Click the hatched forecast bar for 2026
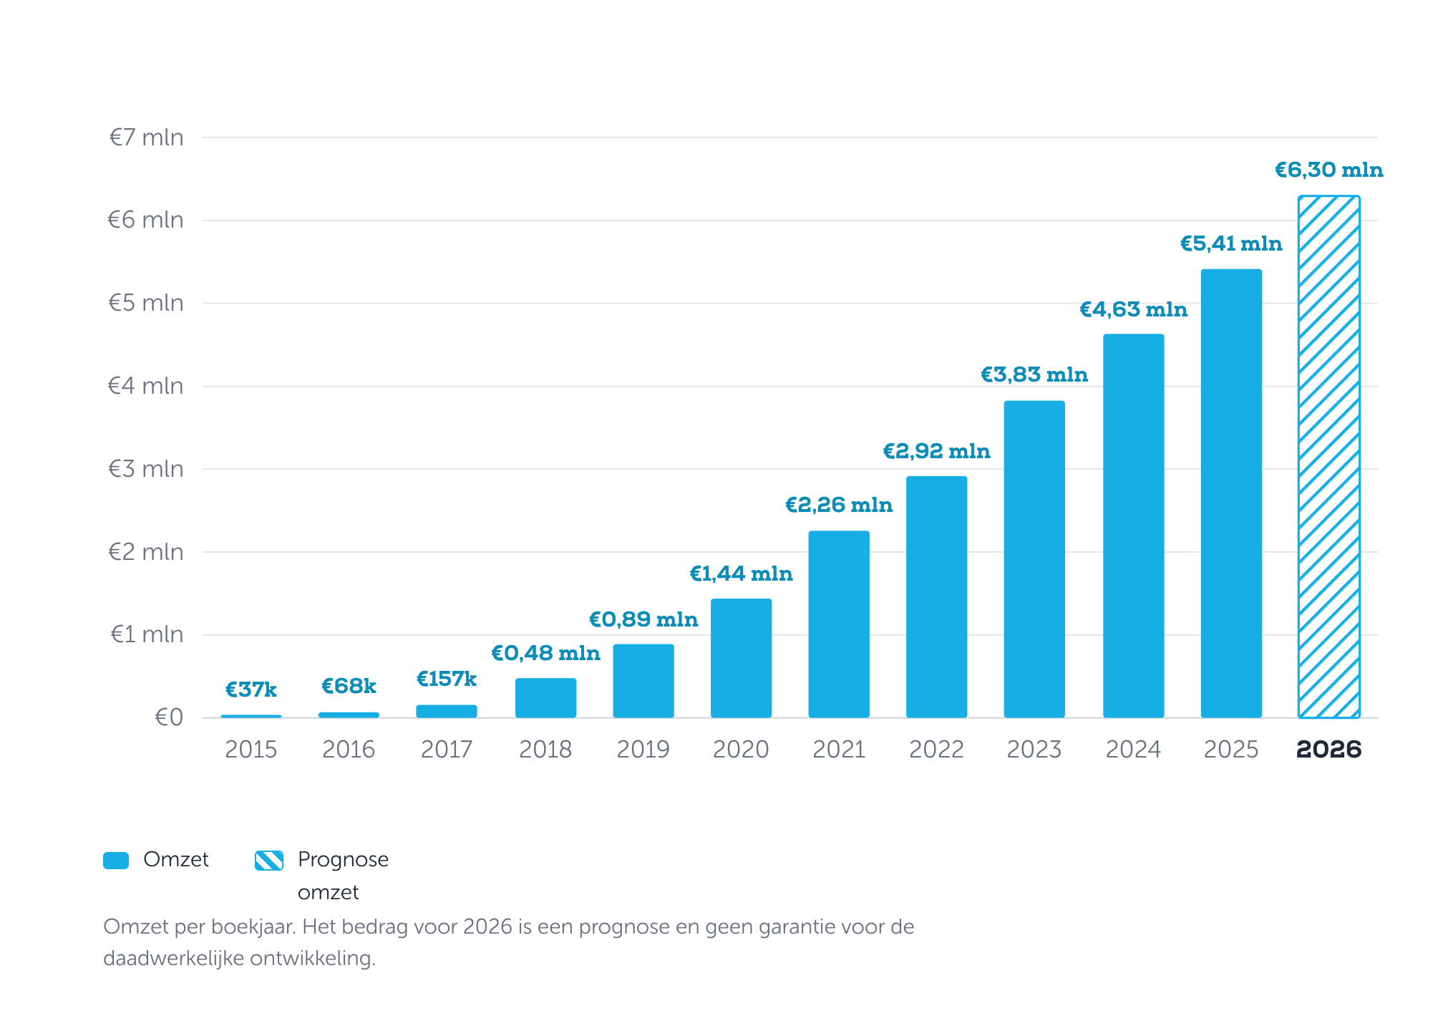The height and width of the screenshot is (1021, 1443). click(1328, 457)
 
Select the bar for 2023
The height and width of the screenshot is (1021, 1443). click(1034, 559)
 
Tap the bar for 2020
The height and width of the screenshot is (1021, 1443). click(741, 658)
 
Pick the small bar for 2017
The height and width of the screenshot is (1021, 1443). click(447, 711)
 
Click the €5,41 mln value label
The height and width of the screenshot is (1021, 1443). click(1231, 244)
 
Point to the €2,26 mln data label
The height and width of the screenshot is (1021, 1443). click(839, 505)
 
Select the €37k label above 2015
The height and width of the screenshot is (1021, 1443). click(251, 689)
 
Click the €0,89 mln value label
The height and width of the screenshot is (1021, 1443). click(643, 619)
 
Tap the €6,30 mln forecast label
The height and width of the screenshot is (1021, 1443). click(1328, 170)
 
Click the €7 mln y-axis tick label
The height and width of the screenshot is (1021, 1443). click(146, 137)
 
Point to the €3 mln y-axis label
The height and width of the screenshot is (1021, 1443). click(146, 469)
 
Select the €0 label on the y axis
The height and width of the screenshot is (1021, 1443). click(169, 717)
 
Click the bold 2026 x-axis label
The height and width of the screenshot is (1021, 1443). click(1328, 750)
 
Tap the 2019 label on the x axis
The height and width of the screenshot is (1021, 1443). click(643, 750)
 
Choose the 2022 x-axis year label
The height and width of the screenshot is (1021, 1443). click(936, 750)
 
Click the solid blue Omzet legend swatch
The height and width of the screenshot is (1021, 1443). click(116, 861)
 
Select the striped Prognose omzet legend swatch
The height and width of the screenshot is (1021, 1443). click(269, 861)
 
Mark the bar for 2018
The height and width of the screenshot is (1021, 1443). click(545, 698)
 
